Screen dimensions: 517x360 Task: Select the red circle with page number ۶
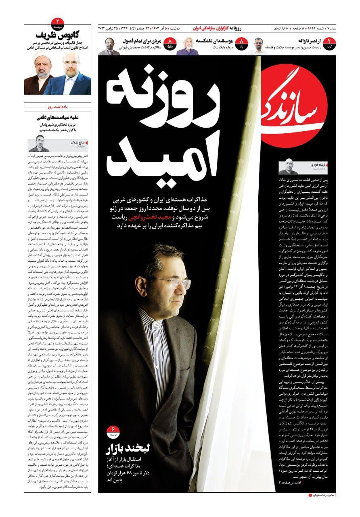click(x=113, y=431)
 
